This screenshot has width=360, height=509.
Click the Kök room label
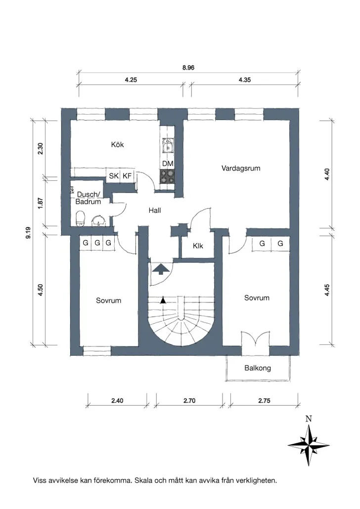click(117, 144)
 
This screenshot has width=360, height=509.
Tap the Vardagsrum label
click(241, 168)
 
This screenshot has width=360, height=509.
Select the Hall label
click(155, 211)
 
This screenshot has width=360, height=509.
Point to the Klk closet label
click(198, 246)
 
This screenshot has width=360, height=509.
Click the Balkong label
click(258, 368)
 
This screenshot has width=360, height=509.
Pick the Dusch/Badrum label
click(89, 198)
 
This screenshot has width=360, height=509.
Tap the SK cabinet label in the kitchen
click(114, 176)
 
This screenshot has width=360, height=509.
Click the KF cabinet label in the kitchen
click(127, 176)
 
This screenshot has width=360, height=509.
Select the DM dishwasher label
click(168, 164)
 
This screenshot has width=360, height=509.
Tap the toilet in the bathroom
click(80, 218)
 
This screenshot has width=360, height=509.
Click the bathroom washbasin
click(98, 221)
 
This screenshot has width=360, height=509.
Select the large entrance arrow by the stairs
click(161, 269)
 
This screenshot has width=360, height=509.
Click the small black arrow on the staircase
click(163, 300)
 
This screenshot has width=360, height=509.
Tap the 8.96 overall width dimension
click(188, 68)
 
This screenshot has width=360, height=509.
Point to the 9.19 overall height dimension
click(29, 233)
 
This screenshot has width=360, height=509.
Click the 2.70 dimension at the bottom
click(189, 401)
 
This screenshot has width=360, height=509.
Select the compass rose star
click(309, 445)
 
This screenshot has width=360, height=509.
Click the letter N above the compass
click(309, 419)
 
